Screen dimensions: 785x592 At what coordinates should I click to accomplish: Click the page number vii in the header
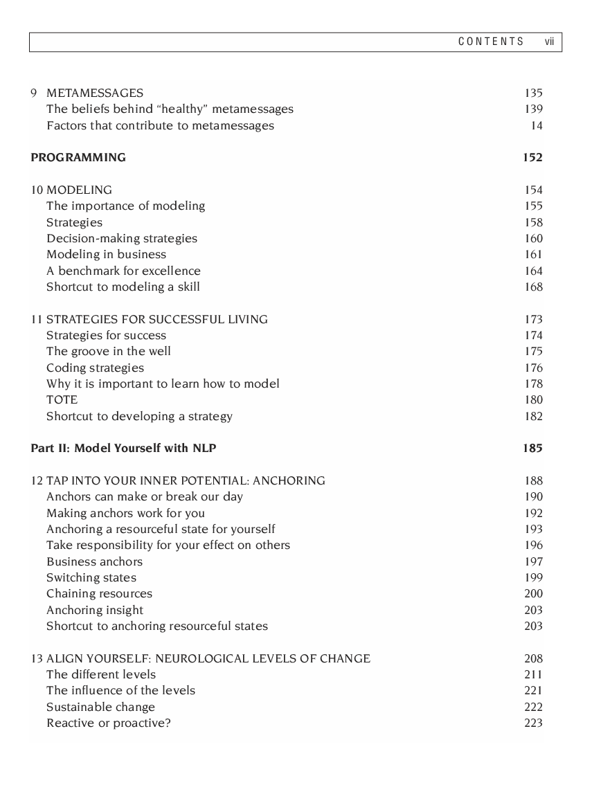point(550,42)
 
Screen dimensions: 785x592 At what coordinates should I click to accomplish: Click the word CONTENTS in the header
point(491,42)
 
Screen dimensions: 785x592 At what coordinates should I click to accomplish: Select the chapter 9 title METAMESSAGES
point(95,93)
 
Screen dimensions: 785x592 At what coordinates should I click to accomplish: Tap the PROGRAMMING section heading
point(78,157)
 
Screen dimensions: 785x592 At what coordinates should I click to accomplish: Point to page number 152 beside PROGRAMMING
point(532,157)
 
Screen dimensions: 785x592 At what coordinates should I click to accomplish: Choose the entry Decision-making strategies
point(122,238)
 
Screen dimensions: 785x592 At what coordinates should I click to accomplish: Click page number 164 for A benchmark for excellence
point(533,271)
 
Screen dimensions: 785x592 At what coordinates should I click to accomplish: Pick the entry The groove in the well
point(109,351)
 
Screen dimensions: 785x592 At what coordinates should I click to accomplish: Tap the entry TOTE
point(62,399)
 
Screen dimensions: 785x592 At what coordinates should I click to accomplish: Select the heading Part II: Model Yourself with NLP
point(123,448)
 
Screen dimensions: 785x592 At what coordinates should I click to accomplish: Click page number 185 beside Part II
point(532,448)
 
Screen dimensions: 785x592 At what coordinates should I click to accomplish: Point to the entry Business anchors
point(94,561)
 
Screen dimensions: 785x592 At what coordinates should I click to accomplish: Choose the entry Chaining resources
point(99,593)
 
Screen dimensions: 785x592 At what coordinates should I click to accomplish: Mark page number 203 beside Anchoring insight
point(533,610)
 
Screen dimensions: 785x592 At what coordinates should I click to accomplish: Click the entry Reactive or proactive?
point(109,723)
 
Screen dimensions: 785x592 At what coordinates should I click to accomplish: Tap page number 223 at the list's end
point(533,723)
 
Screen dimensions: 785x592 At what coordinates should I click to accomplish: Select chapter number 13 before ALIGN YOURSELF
point(37,658)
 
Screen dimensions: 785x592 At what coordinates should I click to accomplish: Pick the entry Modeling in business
point(106,254)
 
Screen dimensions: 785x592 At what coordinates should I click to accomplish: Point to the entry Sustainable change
point(100,707)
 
